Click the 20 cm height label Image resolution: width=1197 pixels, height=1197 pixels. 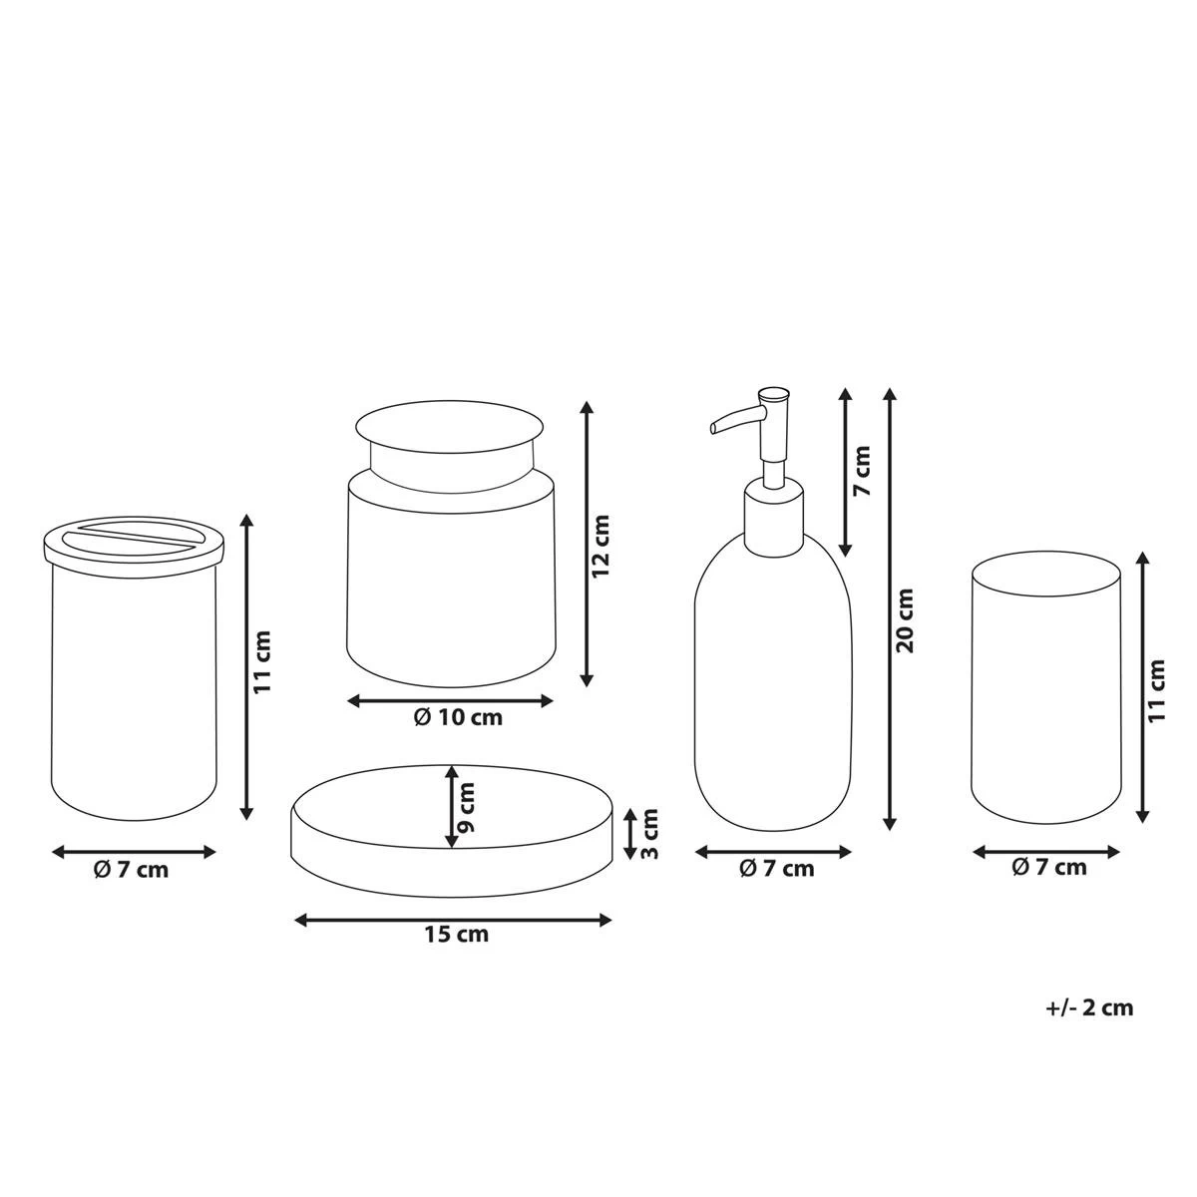point(906,620)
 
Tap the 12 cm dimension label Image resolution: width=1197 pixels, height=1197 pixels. point(600,548)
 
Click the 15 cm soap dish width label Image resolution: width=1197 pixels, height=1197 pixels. point(457,935)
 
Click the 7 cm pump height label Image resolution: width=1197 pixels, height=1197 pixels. point(864,472)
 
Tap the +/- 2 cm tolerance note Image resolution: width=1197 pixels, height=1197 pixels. point(1090,1007)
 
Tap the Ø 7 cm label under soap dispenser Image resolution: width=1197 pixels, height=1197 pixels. point(776,869)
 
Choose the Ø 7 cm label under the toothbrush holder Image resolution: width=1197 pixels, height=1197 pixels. point(132,870)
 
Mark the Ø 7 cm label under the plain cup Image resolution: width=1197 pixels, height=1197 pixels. point(1048,868)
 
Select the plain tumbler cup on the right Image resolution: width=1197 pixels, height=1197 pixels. point(1045,688)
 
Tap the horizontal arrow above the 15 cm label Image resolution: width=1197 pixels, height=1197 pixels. point(453,920)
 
